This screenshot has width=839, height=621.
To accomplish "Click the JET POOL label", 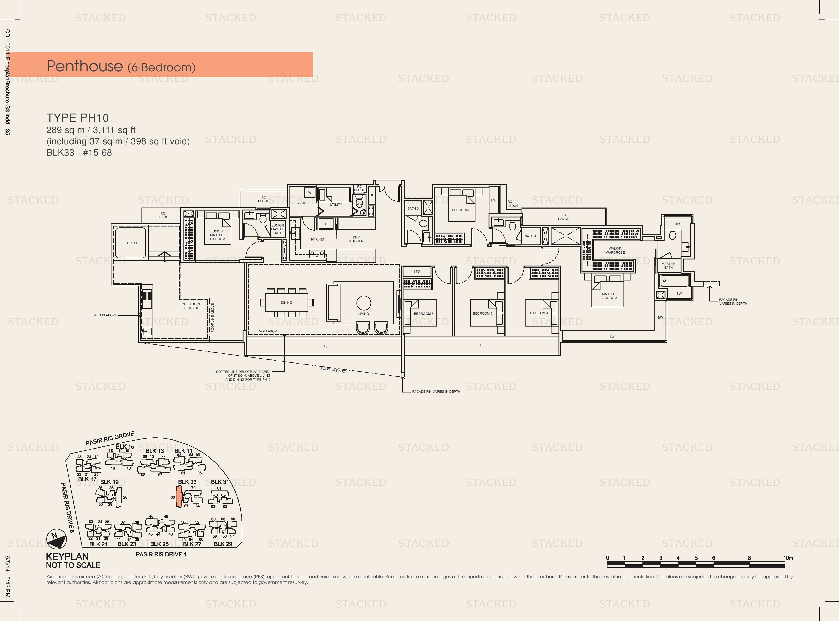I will click(x=130, y=243).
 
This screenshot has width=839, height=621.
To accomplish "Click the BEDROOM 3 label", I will click(x=461, y=210).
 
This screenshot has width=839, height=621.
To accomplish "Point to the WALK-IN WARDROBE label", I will click(x=615, y=250).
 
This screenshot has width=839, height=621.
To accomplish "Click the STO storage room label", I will click(x=417, y=271).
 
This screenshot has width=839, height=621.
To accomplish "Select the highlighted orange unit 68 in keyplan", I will click(x=179, y=496).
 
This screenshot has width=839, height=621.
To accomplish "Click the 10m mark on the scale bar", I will click(x=788, y=558).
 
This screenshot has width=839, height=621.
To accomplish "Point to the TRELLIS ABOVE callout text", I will click(x=104, y=315).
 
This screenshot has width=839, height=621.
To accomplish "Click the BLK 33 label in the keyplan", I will click(x=187, y=482).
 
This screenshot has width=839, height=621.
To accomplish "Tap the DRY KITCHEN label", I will click(x=356, y=239).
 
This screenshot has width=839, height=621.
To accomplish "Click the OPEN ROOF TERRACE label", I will click(x=191, y=306).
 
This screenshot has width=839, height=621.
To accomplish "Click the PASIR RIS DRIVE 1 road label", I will click(x=161, y=554).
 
